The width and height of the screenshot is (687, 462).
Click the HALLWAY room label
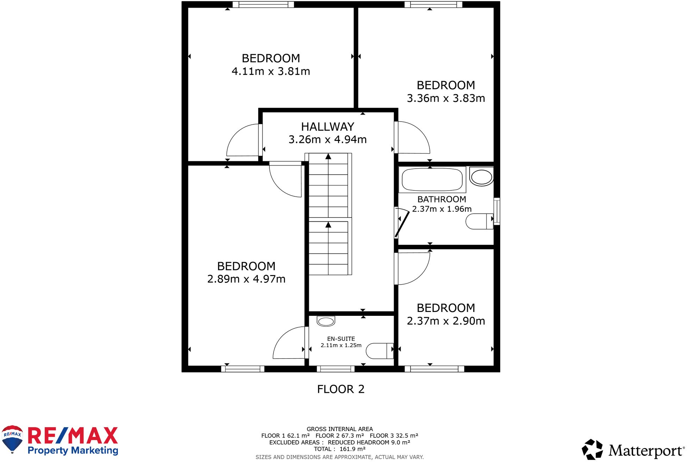[x=327, y=126]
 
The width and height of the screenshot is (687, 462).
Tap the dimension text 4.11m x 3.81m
[x=271, y=71]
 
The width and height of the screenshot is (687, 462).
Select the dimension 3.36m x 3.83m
[x=446, y=98]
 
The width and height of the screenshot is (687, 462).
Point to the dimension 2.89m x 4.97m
[x=246, y=279]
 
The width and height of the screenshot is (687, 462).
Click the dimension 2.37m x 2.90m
[x=446, y=321]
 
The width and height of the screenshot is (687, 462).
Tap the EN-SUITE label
[x=341, y=339]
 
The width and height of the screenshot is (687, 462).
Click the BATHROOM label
[x=441, y=199]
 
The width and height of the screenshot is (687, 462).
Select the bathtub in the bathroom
[x=432, y=180]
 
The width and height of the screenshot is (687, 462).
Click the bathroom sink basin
[x=481, y=177]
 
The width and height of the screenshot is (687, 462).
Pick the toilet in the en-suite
[x=380, y=351]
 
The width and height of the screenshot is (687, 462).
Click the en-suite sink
[x=326, y=321]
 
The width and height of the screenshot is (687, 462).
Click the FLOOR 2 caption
[x=341, y=389]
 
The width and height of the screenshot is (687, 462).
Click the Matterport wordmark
[x=646, y=450]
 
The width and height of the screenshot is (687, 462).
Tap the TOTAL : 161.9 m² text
[x=339, y=449]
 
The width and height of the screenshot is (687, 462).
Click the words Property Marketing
[x=73, y=450]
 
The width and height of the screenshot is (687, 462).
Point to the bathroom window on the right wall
[x=497, y=211]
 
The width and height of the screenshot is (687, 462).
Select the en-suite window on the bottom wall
[x=336, y=369]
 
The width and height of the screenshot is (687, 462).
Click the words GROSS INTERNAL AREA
[x=339, y=429]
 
